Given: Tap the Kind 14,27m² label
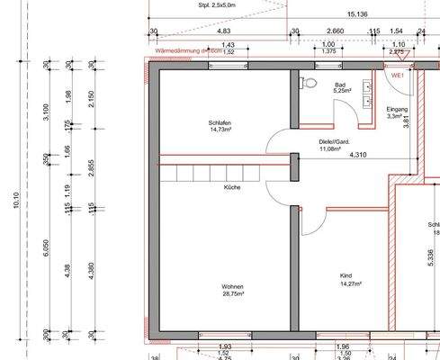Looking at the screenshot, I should (349, 280).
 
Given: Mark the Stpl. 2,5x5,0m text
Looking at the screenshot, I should (216, 4).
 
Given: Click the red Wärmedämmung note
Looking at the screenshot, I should (189, 52).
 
